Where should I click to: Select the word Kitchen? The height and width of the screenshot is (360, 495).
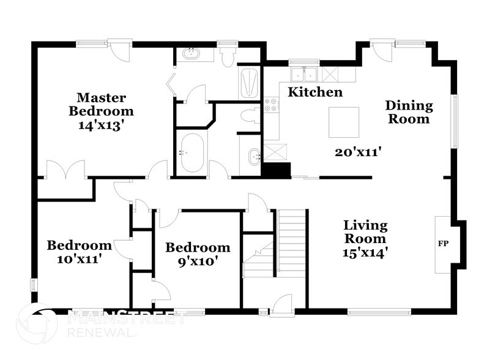pyautogui.click(x=315, y=92)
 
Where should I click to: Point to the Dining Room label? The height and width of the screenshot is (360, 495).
pyautogui.click(x=408, y=112)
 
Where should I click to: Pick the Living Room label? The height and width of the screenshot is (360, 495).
pyautogui.click(x=365, y=231)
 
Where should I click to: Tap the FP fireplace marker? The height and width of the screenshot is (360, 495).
pyautogui.click(x=443, y=244)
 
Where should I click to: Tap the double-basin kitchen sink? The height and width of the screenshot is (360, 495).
pyautogui.click(x=304, y=75)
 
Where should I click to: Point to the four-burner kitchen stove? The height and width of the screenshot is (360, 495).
pyautogui.click(x=270, y=105)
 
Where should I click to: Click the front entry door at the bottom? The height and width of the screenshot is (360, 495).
pyautogui.click(x=281, y=304)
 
